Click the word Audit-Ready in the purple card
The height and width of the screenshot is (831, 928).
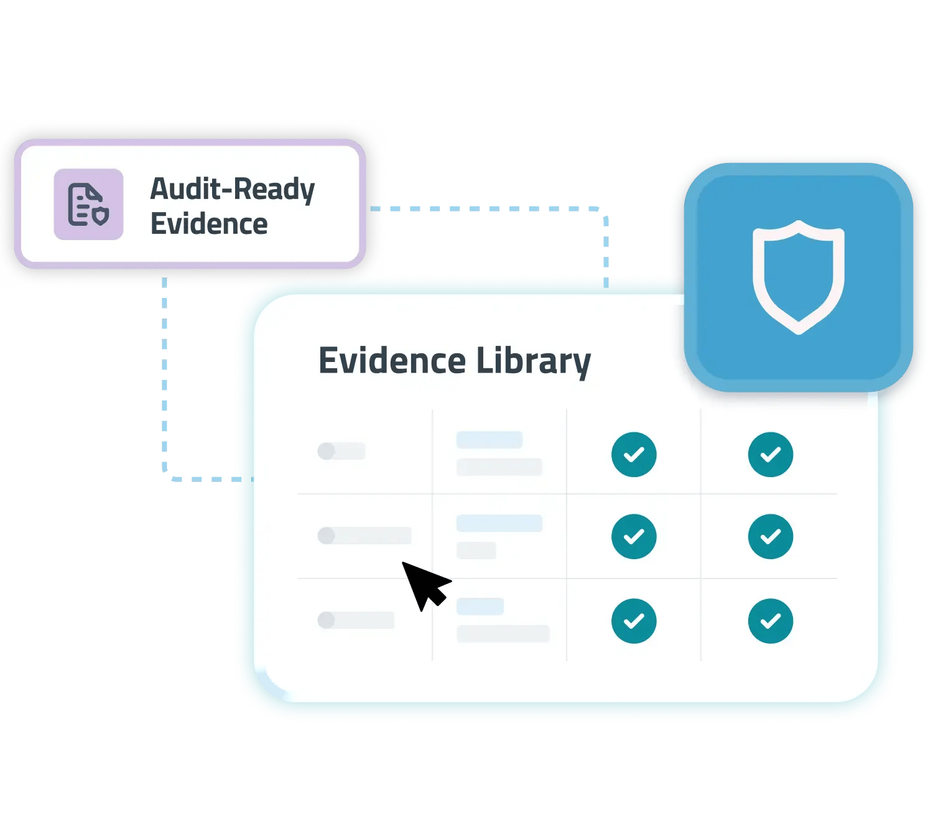pos(232,188)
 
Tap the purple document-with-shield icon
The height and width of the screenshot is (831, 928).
pos(88,204)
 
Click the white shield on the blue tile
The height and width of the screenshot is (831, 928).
pos(798,277)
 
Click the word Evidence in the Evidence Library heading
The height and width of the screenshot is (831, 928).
pos(392,361)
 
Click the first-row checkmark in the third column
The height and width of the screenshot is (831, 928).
pos(633,455)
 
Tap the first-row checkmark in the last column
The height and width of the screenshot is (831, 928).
pos(770,455)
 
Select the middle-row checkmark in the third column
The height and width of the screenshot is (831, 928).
pos(633,536)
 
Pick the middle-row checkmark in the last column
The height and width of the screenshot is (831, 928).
pos(770,536)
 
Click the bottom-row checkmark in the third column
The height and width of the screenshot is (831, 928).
pos(633,621)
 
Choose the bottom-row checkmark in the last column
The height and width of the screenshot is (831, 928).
pos(770,621)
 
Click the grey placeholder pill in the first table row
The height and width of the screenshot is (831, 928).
pos(341,451)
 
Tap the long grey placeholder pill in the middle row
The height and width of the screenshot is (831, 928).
pos(364,535)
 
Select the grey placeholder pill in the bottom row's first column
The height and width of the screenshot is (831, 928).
pos(355,620)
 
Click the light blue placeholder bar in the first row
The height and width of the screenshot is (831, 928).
pos(490,440)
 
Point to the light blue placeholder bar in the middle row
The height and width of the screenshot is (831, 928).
pos(499,523)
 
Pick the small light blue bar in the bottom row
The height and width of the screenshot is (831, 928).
pos(480,606)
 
